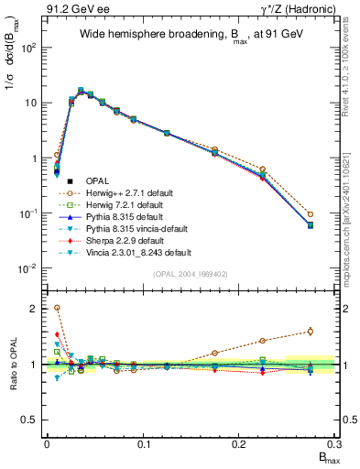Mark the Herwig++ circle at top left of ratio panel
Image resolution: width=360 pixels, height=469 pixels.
57,308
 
